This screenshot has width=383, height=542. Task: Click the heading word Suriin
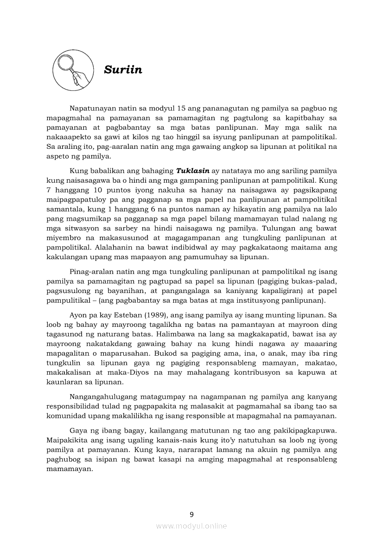tap(123, 70)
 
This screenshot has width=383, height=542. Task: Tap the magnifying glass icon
tap(71, 70)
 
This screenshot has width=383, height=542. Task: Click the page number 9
tap(191, 514)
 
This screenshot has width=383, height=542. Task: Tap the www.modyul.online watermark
tap(191, 526)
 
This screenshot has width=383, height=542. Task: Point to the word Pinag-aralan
tap(93, 272)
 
